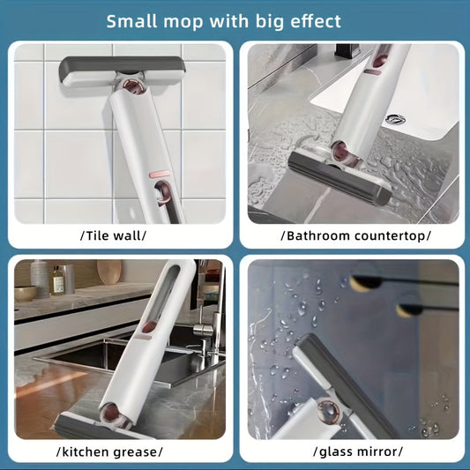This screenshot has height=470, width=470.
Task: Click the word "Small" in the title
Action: (131, 20)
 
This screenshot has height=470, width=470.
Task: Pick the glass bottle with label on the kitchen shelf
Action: (58, 280)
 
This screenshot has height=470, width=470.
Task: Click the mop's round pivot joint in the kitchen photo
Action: (112, 411)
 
